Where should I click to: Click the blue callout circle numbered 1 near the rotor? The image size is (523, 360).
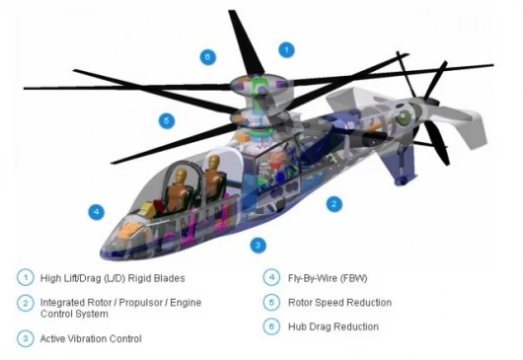pos(286,50)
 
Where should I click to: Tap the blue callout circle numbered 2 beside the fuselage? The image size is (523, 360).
pos(334,203)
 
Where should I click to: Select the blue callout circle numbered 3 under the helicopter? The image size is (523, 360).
pos(258,246)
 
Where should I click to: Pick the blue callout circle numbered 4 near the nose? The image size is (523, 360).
pos(96,212)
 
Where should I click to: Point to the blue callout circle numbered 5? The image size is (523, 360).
pos(167,120)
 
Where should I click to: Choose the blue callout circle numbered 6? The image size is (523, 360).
pos(208,57)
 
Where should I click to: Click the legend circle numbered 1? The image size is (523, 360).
pos(26,278)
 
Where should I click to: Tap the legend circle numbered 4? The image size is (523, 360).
pos(271,278)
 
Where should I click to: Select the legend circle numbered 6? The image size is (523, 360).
pos(271,326)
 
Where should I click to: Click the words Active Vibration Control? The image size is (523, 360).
pos(91,339)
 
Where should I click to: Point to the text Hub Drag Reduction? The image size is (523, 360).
pos(334,326)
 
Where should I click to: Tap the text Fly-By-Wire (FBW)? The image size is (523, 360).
pos(328,278)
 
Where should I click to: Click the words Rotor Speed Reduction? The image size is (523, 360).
pos(339,303)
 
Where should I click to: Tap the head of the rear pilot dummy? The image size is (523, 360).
pos(214,163)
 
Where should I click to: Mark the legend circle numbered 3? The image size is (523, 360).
pos(26,338)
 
